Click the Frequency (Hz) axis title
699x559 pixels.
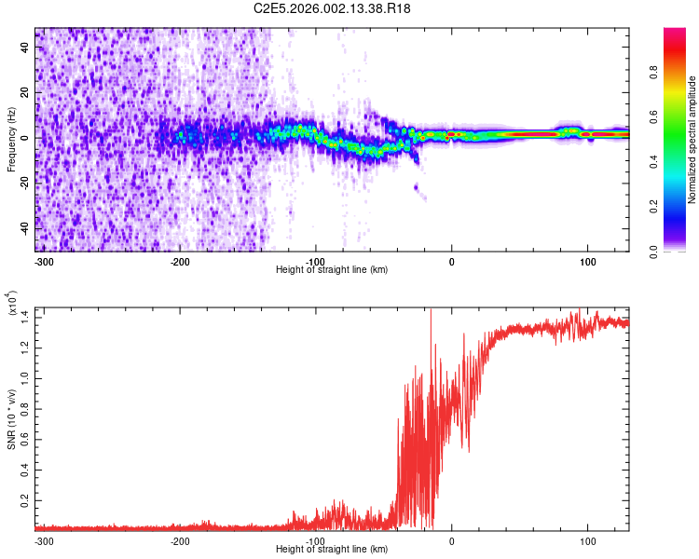(11, 140)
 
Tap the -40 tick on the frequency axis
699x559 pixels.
(26, 228)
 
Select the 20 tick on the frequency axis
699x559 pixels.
(26, 92)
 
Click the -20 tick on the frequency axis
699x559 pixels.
(26, 183)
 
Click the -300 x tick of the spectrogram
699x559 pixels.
(43, 261)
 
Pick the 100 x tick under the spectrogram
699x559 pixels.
(587, 261)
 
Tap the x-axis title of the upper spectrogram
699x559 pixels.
(333, 270)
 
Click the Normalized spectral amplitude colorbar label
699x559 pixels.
(692, 140)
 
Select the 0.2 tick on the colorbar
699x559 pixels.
(681, 207)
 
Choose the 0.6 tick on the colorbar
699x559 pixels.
(681, 117)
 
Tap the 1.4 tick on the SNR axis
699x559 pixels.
(26, 317)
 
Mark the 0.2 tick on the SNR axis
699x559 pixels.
(26, 500)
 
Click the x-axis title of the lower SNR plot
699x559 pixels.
(333, 551)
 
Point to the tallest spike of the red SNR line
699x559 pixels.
(430, 311)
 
